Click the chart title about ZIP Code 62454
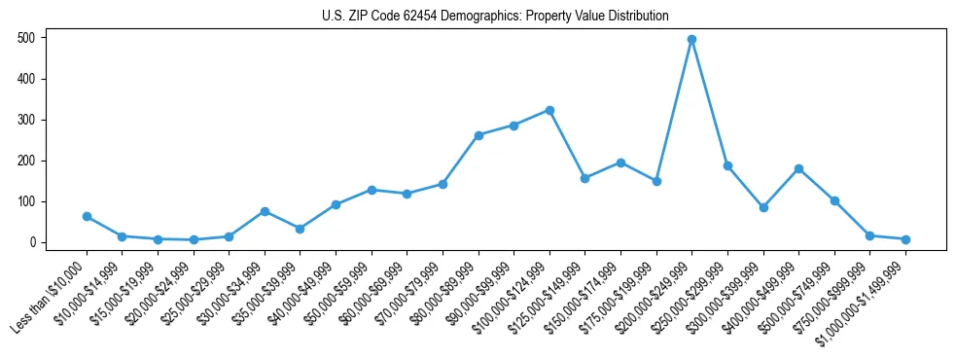495,16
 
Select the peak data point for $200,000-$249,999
691,40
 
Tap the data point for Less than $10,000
87,216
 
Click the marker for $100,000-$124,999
549,110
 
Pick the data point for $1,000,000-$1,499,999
905,239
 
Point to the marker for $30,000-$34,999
265,211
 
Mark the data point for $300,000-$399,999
763,207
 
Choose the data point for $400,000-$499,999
798,168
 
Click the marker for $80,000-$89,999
478,135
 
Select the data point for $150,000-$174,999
620,162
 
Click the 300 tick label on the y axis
28,120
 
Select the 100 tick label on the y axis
28,201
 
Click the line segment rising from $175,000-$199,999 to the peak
674,111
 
